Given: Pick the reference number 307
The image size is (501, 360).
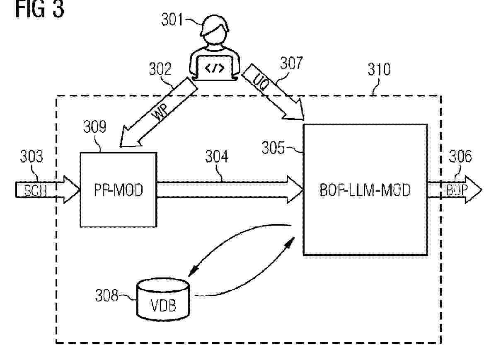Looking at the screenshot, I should (x=291, y=63).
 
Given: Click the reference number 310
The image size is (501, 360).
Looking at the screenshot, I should (x=379, y=69).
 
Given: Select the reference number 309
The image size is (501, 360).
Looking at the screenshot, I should (x=94, y=127).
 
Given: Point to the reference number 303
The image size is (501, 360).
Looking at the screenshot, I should (x=31, y=156).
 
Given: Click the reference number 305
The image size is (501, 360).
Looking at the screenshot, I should (x=274, y=148).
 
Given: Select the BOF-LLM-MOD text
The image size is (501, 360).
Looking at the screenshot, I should (x=365, y=190).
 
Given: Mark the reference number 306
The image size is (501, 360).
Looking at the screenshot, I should (x=460, y=156).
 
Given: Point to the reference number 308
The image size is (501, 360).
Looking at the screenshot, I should (x=107, y=296).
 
